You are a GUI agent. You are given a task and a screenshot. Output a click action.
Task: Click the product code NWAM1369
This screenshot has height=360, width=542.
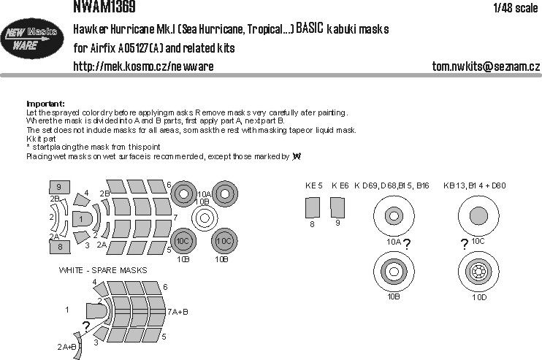coord(104,7)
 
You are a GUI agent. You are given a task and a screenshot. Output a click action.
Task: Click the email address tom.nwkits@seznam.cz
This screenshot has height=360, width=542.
coord(485,67)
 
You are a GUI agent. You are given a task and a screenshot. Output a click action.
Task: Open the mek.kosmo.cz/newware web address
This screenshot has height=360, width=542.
coord(143,67)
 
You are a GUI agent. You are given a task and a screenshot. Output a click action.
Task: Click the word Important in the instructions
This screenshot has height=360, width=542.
coord(45,104)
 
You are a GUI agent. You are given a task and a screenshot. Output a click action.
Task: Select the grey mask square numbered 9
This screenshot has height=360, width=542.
coord(58,188)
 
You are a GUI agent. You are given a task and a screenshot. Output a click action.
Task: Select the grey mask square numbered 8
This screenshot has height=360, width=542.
coord(58,247)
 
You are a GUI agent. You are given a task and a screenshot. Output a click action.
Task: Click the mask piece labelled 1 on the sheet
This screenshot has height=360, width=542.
coord(83,218)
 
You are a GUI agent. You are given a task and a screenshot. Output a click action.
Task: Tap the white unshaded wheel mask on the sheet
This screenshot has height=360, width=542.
coord(205,217)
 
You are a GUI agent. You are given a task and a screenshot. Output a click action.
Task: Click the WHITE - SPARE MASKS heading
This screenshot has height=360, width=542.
coord(103,270)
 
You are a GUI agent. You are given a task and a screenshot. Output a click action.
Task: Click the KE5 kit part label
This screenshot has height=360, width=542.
coord(313,186)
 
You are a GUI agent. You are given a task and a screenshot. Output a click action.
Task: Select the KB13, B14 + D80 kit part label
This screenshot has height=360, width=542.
coord(473,186)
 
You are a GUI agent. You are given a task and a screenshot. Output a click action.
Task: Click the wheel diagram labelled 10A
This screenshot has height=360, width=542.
coord(393,216)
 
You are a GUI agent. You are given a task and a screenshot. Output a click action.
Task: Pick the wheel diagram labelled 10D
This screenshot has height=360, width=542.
coord(479,273)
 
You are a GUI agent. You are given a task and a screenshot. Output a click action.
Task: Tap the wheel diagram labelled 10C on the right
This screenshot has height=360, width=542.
coord(479,215)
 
